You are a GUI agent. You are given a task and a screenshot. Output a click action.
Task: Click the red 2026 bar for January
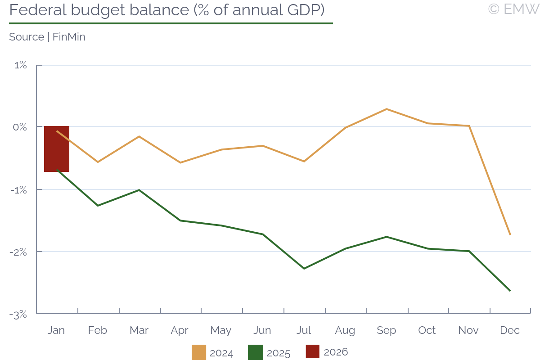tap(57, 149)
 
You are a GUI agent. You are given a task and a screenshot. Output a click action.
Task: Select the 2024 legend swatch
tap(199, 352)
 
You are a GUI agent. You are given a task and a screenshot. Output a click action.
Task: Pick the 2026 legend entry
tap(327, 352)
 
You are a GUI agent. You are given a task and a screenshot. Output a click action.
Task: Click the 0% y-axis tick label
tap(20, 127)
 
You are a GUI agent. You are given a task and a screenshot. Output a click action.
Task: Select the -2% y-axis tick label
tap(19, 252)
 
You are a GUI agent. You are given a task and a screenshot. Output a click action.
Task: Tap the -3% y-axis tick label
tap(19, 315)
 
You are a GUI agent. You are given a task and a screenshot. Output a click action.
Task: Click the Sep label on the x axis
tap(386, 331)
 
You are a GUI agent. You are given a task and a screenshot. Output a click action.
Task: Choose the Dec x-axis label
tap(510, 331)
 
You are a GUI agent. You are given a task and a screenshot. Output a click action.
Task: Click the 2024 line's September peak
tap(387, 109)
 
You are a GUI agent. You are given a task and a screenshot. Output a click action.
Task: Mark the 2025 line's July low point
tap(304, 269)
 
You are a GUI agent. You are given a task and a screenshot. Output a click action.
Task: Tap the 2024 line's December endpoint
tap(510, 234)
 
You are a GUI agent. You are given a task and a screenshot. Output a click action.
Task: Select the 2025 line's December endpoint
tap(510, 291)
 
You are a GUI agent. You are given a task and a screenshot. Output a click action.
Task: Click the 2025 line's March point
tap(139, 190)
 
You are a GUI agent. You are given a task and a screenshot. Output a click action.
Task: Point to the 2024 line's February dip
tap(98, 162)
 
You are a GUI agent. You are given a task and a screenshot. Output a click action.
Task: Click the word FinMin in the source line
tap(69, 37)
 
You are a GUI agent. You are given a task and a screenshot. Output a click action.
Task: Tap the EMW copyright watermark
tap(513, 9)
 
